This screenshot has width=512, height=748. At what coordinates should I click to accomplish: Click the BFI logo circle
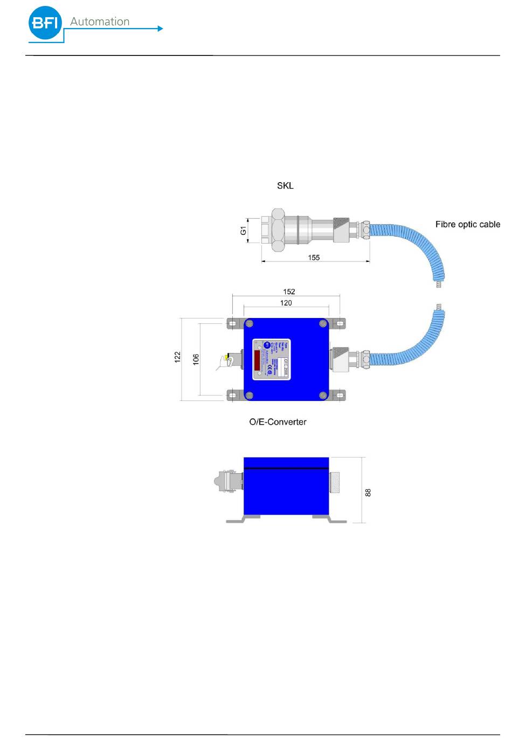click(45, 23)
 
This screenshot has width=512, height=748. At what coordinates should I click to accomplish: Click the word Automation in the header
click(100, 22)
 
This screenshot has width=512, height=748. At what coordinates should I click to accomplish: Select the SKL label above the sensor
click(285, 185)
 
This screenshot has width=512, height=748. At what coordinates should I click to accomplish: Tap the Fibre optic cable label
click(467, 224)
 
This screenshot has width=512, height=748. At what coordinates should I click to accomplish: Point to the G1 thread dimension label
click(244, 231)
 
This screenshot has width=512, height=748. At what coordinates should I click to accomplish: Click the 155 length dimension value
click(314, 258)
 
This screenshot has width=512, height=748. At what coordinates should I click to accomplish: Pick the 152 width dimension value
click(289, 292)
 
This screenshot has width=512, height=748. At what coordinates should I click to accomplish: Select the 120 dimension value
click(286, 303)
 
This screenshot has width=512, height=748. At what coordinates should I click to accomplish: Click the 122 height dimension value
click(178, 357)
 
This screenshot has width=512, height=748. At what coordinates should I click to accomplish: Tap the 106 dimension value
click(196, 359)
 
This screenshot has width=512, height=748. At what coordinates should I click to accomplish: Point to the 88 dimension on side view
click(368, 492)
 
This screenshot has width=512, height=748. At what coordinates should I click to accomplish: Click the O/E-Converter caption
click(278, 422)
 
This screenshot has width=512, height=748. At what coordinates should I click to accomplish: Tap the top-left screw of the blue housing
click(249, 324)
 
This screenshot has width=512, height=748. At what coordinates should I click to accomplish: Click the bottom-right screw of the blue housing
click(323, 396)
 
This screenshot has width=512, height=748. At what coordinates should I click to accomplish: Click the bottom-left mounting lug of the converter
click(232, 396)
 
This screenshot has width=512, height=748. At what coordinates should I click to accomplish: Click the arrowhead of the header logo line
click(160, 29)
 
